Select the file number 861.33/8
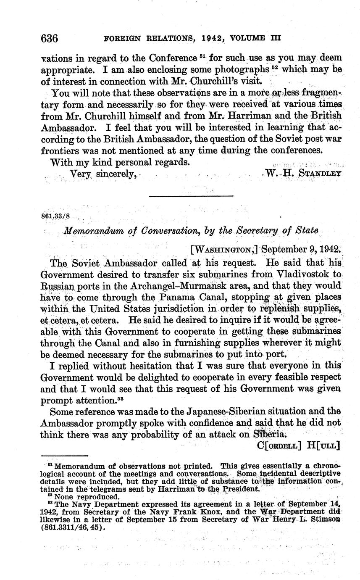click(x=56, y=216)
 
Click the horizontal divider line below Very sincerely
click(x=191, y=195)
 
